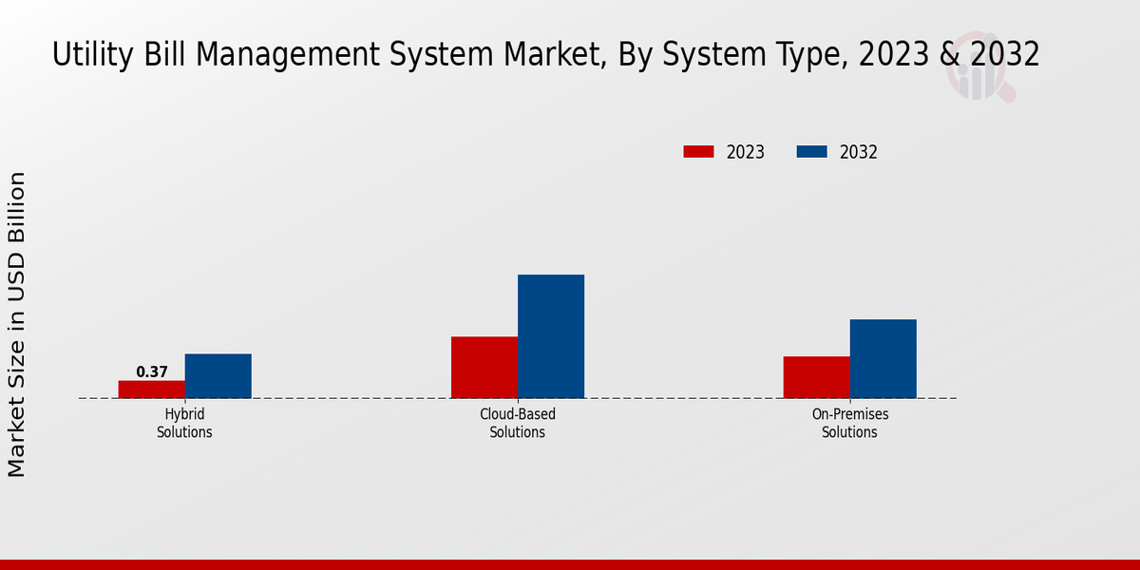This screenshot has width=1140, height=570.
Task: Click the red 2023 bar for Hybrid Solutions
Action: click(152, 389)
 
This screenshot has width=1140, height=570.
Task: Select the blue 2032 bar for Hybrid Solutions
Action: click(218, 376)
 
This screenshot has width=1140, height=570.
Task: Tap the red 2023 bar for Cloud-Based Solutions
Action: click(484, 367)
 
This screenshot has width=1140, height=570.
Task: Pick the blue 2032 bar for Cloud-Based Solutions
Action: click(551, 336)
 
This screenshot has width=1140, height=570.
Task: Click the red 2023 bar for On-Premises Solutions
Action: click(817, 377)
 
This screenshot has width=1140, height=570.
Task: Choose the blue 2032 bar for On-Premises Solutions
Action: click(883, 358)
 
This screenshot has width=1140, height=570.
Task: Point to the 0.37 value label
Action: click(152, 372)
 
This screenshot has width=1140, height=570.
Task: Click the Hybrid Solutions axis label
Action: click(184, 424)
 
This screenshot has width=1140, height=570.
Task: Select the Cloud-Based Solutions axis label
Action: click(518, 424)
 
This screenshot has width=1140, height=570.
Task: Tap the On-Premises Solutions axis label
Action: click(850, 424)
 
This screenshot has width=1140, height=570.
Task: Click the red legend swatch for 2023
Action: click(698, 152)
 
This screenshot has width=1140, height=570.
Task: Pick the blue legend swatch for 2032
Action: click(811, 152)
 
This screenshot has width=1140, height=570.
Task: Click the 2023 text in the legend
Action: click(746, 152)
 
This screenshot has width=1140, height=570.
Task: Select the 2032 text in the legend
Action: click(859, 152)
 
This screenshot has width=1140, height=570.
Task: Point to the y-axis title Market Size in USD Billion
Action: click(17, 325)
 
